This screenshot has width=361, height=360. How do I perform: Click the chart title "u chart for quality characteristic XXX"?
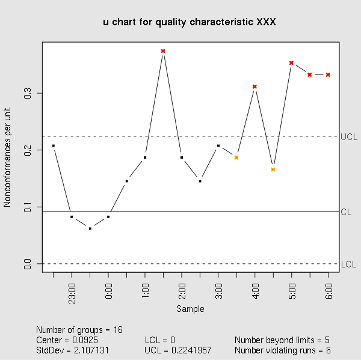[x=190, y=22]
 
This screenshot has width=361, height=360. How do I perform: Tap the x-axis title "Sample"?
[x=190, y=309]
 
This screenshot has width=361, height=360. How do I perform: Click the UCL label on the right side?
[x=349, y=137]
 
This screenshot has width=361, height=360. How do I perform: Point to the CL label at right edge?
[x=346, y=212]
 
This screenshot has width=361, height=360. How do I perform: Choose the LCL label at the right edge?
[x=348, y=264]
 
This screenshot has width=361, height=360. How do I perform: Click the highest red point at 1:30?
[x=163, y=51]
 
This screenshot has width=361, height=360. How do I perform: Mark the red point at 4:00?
[x=255, y=87]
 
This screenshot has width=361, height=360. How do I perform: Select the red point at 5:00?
[x=291, y=63]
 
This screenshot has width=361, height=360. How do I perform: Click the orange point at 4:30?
[x=273, y=169]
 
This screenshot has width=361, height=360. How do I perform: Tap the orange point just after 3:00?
[x=236, y=157]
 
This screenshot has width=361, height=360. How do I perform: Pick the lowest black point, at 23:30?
[x=90, y=228]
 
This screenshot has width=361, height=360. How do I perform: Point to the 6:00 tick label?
[x=329, y=290]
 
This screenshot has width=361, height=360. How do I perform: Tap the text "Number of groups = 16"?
[x=79, y=330]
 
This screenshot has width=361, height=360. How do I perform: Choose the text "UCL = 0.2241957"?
[x=179, y=350]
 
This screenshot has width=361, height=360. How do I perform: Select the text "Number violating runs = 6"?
[x=283, y=350]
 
